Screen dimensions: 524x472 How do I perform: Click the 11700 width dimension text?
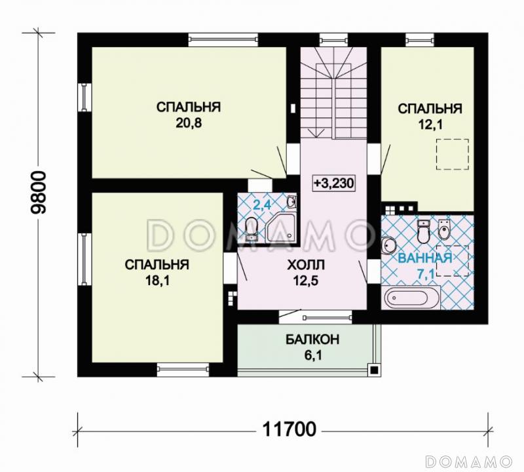[x=289, y=429]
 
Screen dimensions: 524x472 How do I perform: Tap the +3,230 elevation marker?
[x=333, y=183]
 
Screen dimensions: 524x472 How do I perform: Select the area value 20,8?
[x=189, y=123]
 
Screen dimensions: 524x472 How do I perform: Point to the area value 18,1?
[x=157, y=281]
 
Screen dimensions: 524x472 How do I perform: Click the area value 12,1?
[x=430, y=125]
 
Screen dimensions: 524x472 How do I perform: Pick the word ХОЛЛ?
[x=306, y=265]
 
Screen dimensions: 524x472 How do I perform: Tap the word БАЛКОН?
[x=312, y=339]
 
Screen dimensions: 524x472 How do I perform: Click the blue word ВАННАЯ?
[x=425, y=258]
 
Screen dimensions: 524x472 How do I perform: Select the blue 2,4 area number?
[x=262, y=205]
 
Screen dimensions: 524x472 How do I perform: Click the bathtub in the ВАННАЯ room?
[x=412, y=297]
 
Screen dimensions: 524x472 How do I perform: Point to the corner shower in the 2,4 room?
[x=281, y=228]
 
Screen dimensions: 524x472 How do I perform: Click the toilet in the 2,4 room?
[x=252, y=229]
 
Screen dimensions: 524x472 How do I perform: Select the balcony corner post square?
[x=374, y=370]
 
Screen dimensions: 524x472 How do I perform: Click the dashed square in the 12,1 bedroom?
[x=452, y=155]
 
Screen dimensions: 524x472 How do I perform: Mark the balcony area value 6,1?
[x=313, y=355]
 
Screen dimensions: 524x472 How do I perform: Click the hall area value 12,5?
[x=306, y=281]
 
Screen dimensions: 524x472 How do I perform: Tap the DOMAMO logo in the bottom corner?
[x=469, y=462]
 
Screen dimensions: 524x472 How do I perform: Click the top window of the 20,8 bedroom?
[x=223, y=40]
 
